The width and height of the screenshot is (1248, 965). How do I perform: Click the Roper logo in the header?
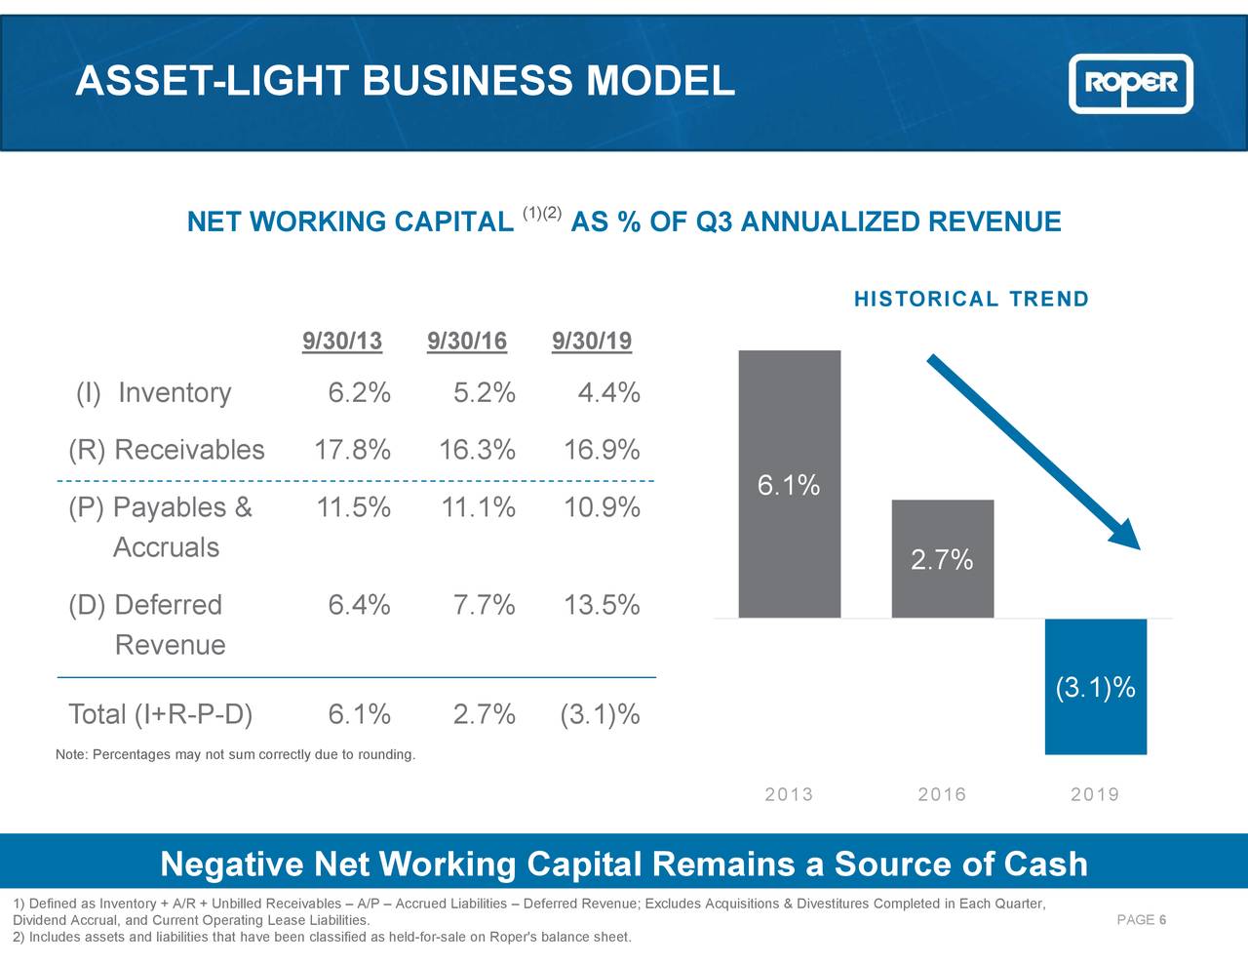click(x=1131, y=83)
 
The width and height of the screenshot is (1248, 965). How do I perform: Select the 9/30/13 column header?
click(x=342, y=342)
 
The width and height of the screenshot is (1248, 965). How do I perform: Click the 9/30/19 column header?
click(x=592, y=342)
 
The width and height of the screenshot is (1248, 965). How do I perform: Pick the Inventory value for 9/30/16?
click(x=485, y=393)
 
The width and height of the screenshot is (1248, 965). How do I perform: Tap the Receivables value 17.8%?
click(x=352, y=451)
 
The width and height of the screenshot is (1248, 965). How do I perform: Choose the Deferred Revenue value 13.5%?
click(x=602, y=605)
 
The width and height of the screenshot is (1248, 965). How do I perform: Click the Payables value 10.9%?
click(x=602, y=507)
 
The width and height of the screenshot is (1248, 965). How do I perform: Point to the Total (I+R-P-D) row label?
click(x=161, y=714)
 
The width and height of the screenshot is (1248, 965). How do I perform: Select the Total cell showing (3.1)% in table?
click(x=600, y=714)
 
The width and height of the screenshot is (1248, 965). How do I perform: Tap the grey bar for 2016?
click(x=942, y=585)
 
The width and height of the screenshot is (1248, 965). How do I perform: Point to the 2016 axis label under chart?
click(x=942, y=794)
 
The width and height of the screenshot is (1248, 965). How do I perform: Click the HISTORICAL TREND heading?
click(x=971, y=300)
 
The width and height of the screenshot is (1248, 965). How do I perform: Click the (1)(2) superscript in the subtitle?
click(x=542, y=213)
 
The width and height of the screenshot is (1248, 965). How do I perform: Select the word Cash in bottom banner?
click(x=1045, y=864)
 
